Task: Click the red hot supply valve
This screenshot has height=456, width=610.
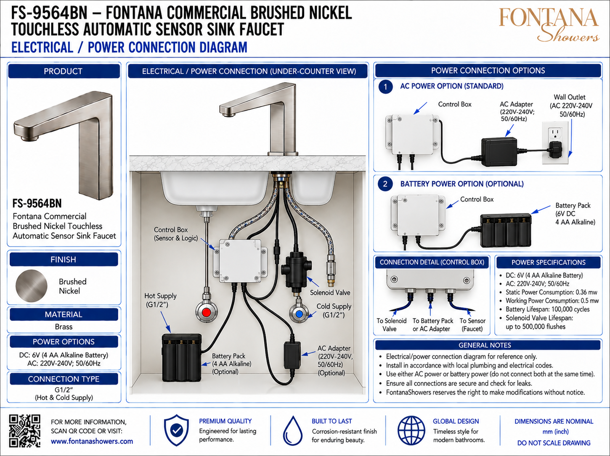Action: [206, 312]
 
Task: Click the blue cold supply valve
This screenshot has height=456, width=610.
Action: [299, 314]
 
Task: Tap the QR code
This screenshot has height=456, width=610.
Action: [25, 431]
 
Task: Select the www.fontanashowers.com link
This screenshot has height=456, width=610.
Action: [92, 441]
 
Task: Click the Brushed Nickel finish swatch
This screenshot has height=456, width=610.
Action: [31, 286]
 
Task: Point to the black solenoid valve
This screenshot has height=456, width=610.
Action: [296, 271]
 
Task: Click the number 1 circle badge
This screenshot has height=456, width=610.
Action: [385, 87]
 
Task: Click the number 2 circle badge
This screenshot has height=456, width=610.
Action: [385, 184]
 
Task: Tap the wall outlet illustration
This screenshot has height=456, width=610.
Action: [555, 143]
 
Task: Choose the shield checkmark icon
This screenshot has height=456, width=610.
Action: [176, 430]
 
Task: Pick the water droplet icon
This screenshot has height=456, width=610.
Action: [292, 431]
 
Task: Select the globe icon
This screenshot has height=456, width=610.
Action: [411, 430]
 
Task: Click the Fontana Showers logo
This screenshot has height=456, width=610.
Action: [549, 24]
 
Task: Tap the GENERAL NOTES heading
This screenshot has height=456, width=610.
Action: [485, 345]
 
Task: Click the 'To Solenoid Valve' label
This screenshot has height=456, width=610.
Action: [391, 325]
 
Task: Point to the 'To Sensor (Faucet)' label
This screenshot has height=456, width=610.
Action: [472, 325]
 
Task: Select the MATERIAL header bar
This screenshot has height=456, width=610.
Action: [64, 314]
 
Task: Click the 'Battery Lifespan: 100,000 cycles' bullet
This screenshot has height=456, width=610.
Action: [547, 309]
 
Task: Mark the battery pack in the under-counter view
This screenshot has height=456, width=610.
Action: [182, 357]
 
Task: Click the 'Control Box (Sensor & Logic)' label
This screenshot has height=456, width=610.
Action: [176, 234]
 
